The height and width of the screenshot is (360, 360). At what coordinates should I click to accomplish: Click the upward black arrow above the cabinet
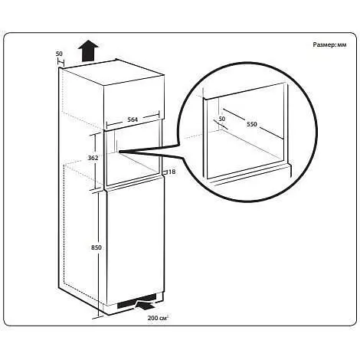(88, 51)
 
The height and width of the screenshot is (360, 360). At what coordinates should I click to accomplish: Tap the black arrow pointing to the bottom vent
(146, 305)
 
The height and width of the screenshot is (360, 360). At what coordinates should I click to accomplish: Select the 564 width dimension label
(133, 119)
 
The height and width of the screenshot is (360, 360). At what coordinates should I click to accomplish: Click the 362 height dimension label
(93, 158)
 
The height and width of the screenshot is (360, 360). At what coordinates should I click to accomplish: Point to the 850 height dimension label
(97, 247)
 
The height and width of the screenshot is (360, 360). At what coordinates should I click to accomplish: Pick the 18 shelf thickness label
(172, 172)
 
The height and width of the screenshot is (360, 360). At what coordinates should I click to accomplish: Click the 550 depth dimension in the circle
(252, 124)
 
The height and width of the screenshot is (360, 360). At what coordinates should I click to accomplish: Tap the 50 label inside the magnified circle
(222, 119)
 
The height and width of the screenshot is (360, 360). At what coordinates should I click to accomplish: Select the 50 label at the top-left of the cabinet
(59, 54)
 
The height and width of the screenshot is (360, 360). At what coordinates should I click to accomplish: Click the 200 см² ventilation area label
(158, 318)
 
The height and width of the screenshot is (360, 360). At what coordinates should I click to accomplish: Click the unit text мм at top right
(342, 45)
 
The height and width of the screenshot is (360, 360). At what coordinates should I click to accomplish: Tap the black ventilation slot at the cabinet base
(136, 300)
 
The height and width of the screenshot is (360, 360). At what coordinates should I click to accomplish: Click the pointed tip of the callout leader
(119, 152)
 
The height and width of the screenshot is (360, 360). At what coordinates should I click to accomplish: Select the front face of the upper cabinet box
(133, 102)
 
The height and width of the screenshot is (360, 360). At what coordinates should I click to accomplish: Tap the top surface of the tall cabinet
(112, 72)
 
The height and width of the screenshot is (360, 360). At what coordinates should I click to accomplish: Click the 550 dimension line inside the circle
(254, 124)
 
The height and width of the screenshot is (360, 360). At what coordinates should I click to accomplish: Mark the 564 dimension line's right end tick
(159, 114)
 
